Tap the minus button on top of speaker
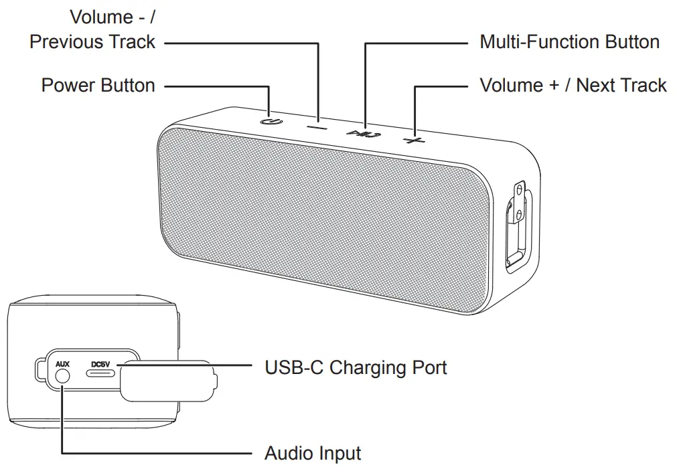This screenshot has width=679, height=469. (x=317, y=126)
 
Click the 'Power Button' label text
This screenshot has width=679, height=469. (x=98, y=86)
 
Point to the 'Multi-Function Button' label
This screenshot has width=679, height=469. (x=569, y=41)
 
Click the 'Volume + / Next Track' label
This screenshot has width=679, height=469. (x=573, y=86)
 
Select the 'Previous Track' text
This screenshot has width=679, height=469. (x=92, y=41)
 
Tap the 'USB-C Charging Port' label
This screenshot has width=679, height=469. (x=356, y=367)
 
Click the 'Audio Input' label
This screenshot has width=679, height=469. (x=312, y=453)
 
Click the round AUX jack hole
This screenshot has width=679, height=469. (x=62, y=376)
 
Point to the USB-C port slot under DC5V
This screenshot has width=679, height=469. (x=100, y=375)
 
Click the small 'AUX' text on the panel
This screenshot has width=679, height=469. (x=62, y=363)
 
